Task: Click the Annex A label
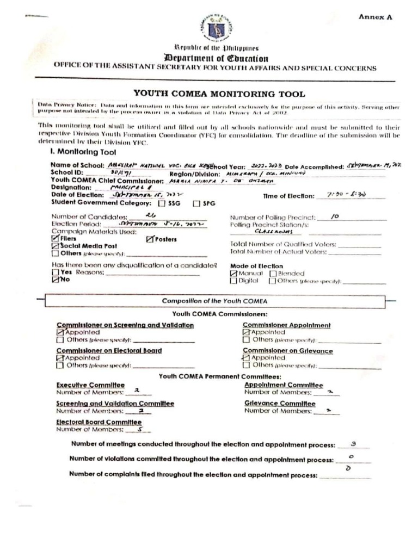click(x=374, y=17)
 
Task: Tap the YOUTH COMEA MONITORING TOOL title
click(x=219, y=94)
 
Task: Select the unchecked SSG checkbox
click(x=162, y=203)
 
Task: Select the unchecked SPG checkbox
click(x=196, y=203)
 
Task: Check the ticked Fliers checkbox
click(x=55, y=238)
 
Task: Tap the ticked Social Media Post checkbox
click(x=55, y=246)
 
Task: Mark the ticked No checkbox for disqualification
click(x=55, y=280)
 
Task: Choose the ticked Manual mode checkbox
click(x=233, y=274)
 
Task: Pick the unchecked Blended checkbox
click(x=274, y=274)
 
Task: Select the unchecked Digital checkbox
click(x=233, y=281)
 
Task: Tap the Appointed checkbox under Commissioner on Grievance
click(x=246, y=358)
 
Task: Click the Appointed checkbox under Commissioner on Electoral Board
click(x=60, y=358)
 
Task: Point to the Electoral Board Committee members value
click(x=140, y=429)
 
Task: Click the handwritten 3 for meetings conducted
click(x=353, y=444)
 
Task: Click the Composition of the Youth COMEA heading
click(x=214, y=301)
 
